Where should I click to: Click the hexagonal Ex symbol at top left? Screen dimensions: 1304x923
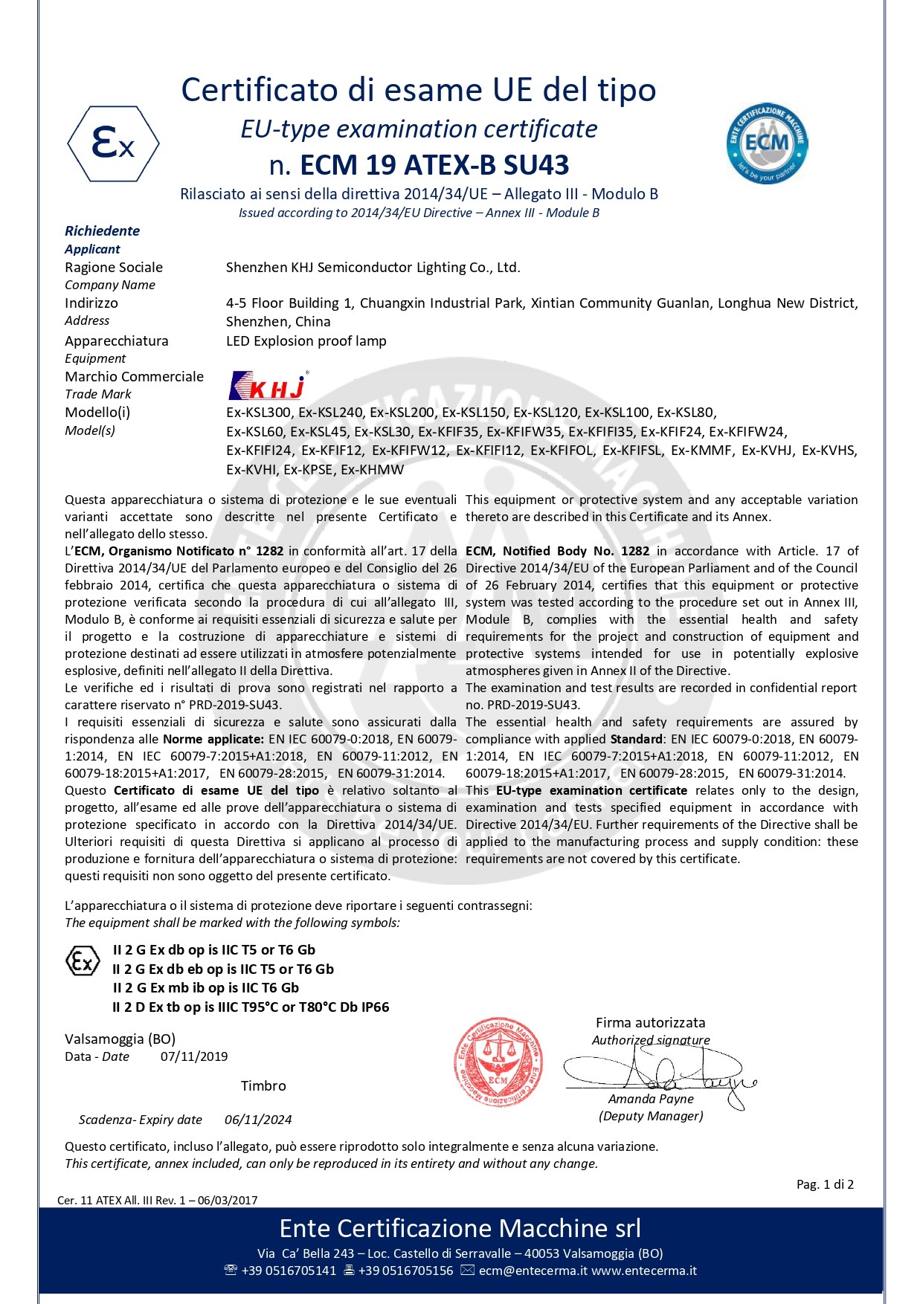113,143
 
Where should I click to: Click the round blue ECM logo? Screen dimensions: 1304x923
767,143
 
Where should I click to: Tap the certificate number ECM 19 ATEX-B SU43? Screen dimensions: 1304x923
434,165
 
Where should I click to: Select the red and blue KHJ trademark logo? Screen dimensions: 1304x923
268,386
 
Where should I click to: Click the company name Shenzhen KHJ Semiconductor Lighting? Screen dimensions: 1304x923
373,268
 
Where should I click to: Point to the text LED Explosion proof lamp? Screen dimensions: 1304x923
306,341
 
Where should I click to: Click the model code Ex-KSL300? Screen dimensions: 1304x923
259,413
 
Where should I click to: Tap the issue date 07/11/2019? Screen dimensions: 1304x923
194,1056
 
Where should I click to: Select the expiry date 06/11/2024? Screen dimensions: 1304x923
258,1120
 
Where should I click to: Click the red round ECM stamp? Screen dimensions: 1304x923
498,1061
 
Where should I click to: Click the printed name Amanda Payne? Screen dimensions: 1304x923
651,1099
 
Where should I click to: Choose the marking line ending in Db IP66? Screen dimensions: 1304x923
251,1007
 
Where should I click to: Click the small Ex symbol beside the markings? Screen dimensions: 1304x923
83,961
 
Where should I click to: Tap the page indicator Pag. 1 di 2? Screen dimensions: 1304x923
825,1184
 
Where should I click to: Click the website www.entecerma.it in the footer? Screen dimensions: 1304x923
644,1271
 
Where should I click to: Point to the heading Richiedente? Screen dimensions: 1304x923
102,231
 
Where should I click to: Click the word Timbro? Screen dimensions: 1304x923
263,1086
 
